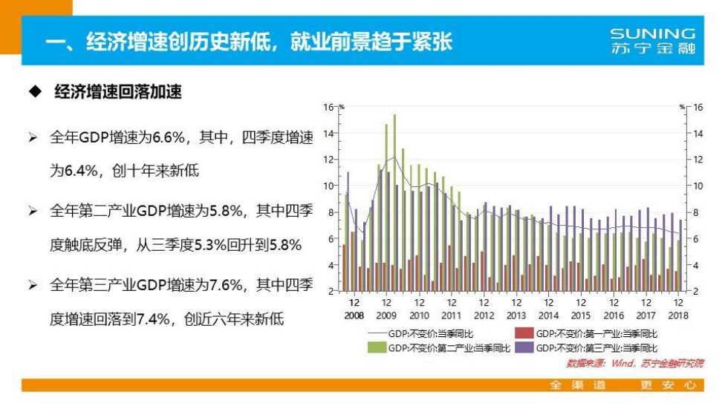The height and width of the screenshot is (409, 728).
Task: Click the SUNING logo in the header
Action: tap(652, 41)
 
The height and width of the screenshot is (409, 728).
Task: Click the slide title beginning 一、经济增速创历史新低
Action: tap(248, 41)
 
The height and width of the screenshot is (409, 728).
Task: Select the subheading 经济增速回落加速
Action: tap(118, 93)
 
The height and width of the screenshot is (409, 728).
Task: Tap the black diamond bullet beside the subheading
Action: tap(33, 93)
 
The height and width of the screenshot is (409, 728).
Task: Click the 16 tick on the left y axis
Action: tap(329, 107)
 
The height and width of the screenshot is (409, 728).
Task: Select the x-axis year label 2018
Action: tap(677, 315)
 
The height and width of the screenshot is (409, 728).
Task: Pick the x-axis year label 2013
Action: tap(516, 315)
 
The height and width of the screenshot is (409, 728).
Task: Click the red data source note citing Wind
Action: tap(634, 363)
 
